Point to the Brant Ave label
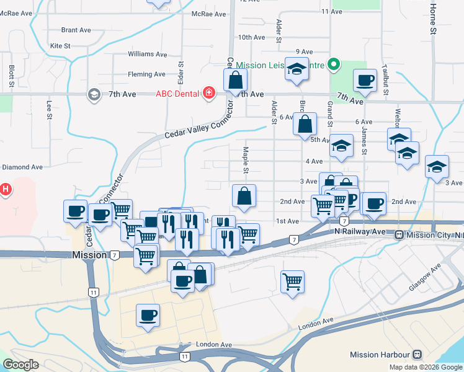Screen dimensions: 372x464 [x=76, y=30]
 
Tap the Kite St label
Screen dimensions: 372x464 [x=60, y=46]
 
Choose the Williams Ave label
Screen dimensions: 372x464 [x=148, y=55]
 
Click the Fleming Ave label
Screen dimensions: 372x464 [x=146, y=74]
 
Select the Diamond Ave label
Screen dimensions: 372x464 [x=22, y=167]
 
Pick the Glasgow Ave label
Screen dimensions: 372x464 [x=424, y=277]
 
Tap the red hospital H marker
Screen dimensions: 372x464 [x=5, y=189]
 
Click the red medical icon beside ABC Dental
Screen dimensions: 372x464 [x=209, y=94]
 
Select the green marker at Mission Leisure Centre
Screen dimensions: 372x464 [x=334, y=64]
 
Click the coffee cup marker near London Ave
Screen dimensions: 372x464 [x=148, y=315]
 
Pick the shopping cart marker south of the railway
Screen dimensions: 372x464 [x=292, y=281]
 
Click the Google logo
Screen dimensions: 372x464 [x=20, y=365]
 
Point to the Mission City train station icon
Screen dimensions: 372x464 [x=399, y=235]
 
